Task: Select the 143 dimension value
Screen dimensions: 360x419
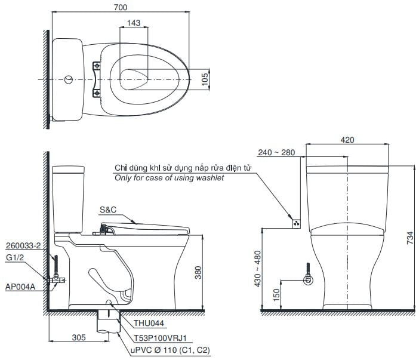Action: coord(134,22)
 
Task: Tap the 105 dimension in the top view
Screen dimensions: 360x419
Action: coord(205,78)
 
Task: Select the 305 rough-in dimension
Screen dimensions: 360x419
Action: coord(78,337)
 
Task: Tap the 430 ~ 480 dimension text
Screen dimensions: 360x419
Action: coord(258,269)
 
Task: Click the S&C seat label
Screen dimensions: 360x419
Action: coord(108,210)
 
